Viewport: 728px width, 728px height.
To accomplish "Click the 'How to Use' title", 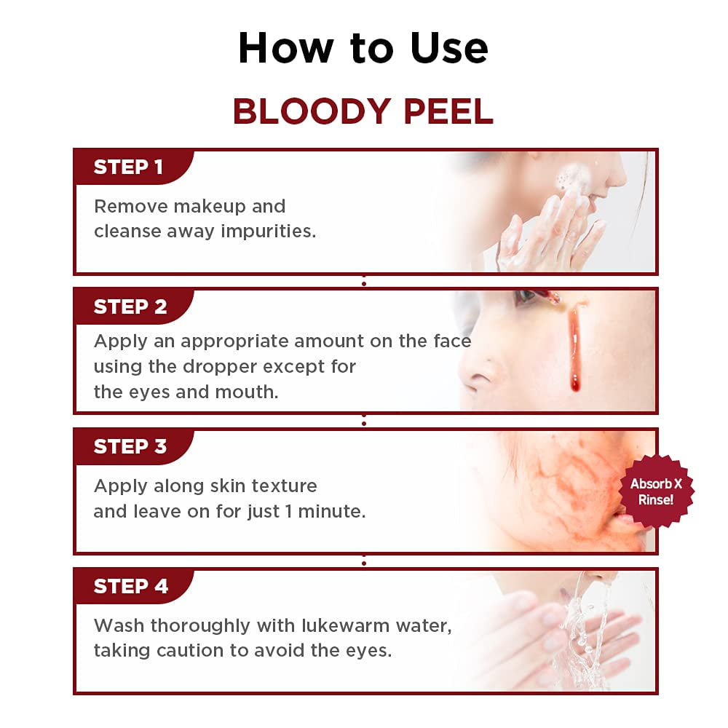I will pyautogui.click(x=363, y=48).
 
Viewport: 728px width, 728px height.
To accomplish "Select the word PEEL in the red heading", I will pyautogui.click(x=446, y=111).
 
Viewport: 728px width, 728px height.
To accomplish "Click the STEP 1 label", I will pyautogui.click(x=128, y=167).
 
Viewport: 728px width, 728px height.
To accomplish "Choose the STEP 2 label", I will pyautogui.click(x=130, y=307).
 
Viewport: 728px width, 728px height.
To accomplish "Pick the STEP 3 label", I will pyautogui.click(x=130, y=447).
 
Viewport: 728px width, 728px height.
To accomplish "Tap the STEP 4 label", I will pyautogui.click(x=130, y=587).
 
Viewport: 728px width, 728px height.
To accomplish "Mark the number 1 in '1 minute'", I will pyautogui.click(x=288, y=512).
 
